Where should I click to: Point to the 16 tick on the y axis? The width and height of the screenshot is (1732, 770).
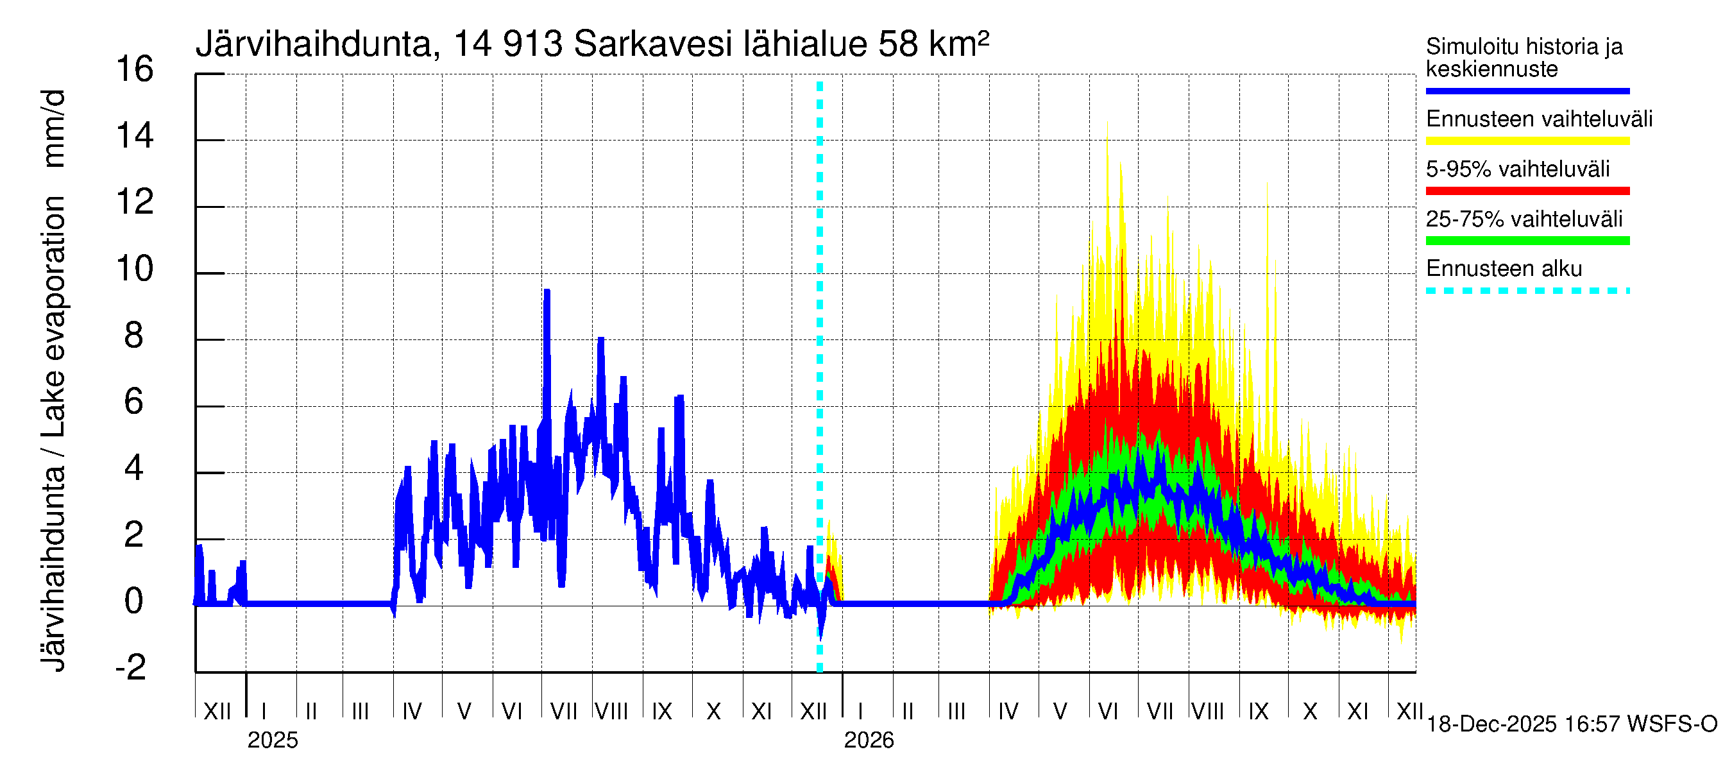(135, 69)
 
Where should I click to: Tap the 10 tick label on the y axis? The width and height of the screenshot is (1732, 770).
(135, 269)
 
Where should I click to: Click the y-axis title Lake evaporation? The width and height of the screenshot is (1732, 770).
(54, 316)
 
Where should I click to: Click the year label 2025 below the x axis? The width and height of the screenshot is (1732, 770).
(272, 740)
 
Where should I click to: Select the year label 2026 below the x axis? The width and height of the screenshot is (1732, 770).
(869, 740)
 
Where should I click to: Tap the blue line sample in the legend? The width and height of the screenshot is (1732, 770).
(1527, 90)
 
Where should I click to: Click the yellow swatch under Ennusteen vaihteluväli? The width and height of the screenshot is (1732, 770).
(1527, 141)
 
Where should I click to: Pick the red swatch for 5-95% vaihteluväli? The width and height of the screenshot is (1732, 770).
(1527, 191)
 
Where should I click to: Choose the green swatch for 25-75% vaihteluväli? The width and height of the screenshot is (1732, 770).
(1527, 241)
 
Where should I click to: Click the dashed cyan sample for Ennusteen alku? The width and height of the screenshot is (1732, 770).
(1527, 291)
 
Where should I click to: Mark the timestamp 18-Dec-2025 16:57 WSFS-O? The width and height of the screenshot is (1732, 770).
(1571, 724)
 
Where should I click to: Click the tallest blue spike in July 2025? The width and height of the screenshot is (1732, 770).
(547, 292)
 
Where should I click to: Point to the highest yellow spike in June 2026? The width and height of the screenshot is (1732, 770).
(1107, 124)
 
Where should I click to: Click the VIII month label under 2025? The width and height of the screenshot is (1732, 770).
(611, 711)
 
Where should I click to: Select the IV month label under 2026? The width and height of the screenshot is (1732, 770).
(1008, 711)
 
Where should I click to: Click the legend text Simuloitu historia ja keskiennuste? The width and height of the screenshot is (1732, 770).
(1524, 58)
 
